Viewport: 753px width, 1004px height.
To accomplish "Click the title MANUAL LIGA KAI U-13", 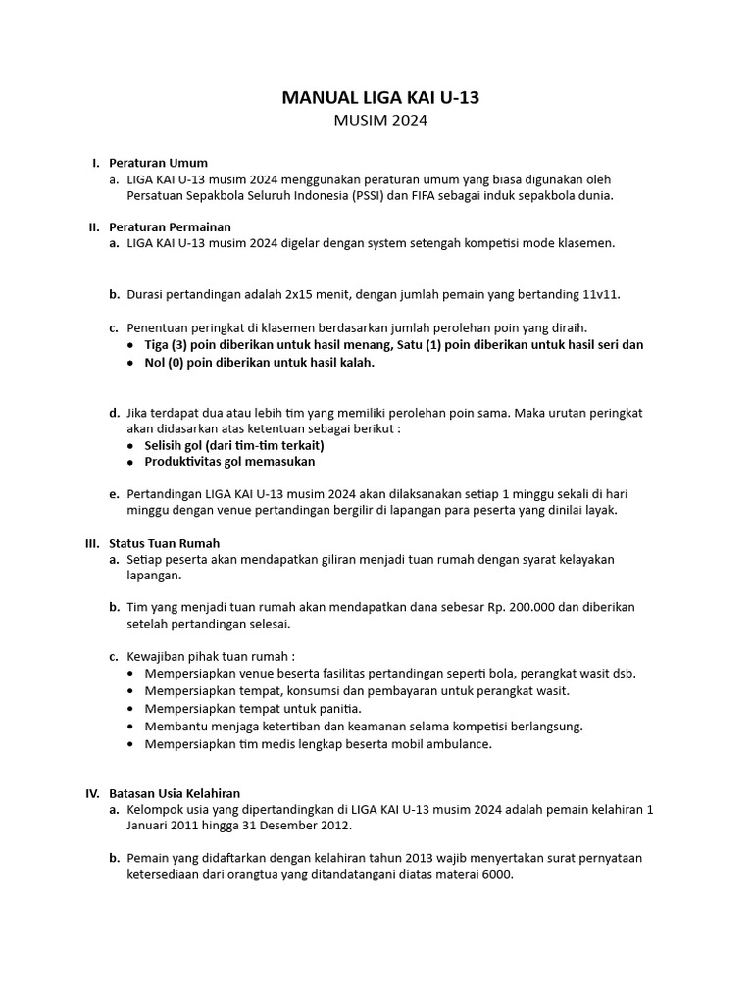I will click(381, 98).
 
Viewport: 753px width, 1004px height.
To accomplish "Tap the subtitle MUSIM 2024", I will click(381, 122).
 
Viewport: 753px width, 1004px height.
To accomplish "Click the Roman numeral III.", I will click(92, 542).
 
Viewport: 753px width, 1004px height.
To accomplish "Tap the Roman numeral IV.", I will click(92, 793).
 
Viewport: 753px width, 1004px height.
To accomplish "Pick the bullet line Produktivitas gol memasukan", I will click(229, 462).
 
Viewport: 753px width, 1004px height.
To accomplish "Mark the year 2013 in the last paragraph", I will click(396, 858).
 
